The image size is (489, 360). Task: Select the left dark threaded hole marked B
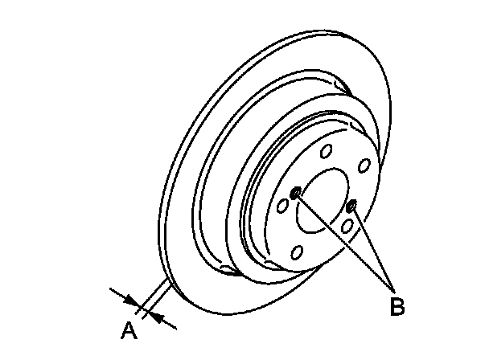point(297,192)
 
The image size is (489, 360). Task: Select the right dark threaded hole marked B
point(351,207)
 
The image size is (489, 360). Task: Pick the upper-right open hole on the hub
point(364,166)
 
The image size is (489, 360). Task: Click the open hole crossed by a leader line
point(347,227)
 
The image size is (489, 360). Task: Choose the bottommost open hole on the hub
point(297,254)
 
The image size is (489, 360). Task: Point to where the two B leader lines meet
point(392,290)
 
